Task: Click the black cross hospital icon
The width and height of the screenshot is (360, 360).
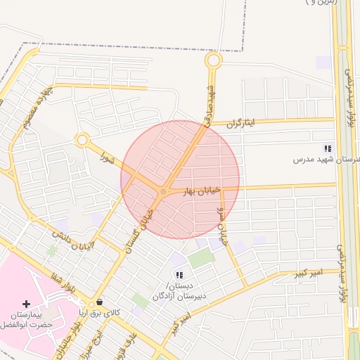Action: (27, 304)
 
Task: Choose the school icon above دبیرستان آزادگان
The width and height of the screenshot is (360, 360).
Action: (179, 275)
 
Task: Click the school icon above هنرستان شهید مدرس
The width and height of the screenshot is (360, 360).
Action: (327, 148)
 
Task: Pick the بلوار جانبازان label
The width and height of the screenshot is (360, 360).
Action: (77, 323)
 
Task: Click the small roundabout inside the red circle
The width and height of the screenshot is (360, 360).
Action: (163, 191)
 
